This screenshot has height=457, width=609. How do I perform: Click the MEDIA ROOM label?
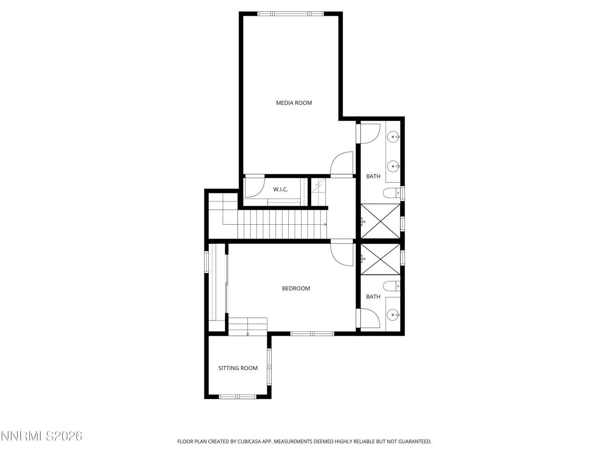294,103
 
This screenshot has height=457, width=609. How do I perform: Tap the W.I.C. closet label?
280,189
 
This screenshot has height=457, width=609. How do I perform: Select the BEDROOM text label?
296,288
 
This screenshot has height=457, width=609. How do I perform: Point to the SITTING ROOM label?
238,368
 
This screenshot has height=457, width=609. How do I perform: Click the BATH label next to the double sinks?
373,177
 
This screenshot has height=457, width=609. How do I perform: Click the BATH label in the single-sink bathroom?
373,297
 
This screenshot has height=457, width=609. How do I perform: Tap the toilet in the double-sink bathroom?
391,193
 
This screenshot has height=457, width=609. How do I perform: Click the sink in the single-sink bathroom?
393,314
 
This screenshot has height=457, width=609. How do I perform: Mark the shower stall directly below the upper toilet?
381,221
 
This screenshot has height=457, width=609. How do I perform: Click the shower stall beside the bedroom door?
381,259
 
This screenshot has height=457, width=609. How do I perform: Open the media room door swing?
342,164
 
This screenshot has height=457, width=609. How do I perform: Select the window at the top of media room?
291,13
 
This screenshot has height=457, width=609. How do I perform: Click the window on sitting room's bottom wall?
237,396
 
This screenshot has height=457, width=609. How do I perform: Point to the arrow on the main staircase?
325,224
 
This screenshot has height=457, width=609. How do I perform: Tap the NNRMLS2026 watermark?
41,436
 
